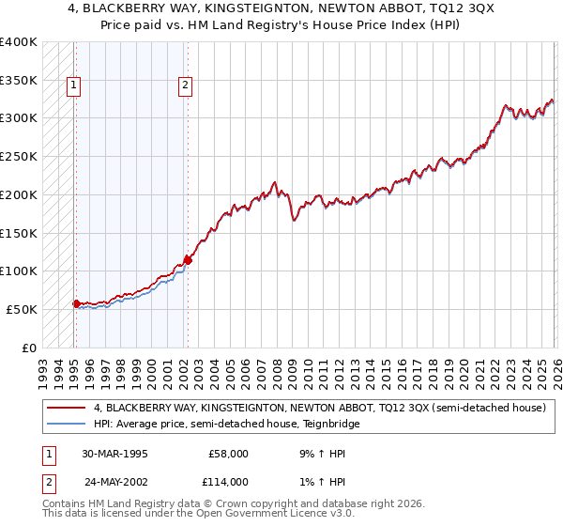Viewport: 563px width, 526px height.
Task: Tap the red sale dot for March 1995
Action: click(x=76, y=302)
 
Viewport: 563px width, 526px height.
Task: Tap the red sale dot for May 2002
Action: click(x=188, y=259)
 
